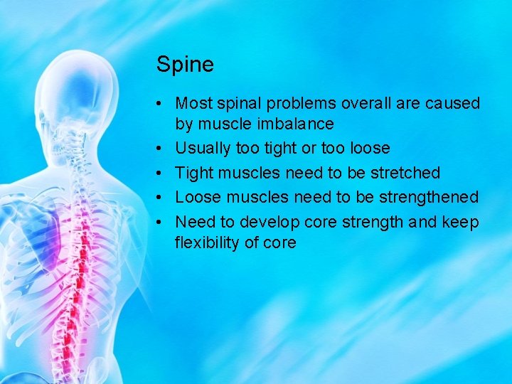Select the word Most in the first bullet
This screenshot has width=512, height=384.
tap(191, 104)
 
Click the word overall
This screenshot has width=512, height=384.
tap(366, 104)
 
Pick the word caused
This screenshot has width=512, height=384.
tap(452, 104)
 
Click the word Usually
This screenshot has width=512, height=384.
tap(203, 149)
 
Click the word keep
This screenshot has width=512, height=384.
tap(461, 221)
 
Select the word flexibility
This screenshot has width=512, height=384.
tap(208, 242)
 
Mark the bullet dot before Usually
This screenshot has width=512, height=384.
tap(161, 149)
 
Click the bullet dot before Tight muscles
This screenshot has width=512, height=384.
tap(161, 173)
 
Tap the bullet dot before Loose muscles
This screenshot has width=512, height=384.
tap(161, 197)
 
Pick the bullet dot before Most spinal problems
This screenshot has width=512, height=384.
tap(161, 104)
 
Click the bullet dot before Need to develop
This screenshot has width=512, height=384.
tap(161, 221)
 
